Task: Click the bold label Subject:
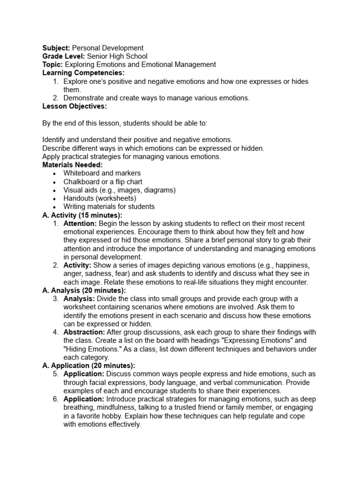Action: pos(56,48)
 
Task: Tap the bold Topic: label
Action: pos(52,65)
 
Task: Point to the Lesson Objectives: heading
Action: pos(75,106)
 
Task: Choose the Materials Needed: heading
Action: pos(72,165)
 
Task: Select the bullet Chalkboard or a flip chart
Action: pos(103,182)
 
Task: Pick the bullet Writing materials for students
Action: pos(109,207)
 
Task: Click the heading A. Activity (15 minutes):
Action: pos(82,215)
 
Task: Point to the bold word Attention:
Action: pos(80,224)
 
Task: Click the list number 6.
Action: pos(55,399)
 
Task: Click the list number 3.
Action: pos(55,299)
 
